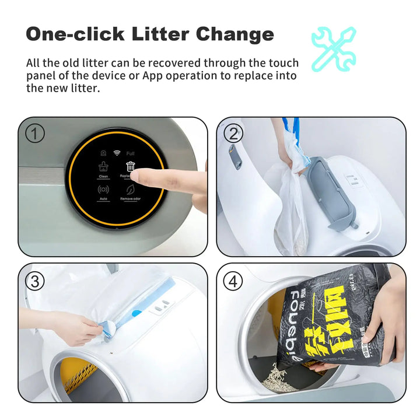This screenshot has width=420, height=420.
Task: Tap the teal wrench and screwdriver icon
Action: [333, 48]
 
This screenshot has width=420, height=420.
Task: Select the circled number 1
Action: [34, 134]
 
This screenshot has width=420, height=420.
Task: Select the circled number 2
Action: [233, 134]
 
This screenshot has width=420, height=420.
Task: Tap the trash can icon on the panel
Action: [131, 167]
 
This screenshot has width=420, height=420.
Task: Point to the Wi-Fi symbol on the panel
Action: [117, 153]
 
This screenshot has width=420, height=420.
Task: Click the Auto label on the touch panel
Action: [103, 199]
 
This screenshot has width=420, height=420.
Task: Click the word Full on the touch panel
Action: [131, 153]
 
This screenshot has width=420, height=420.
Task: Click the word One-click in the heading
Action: [75, 34]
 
